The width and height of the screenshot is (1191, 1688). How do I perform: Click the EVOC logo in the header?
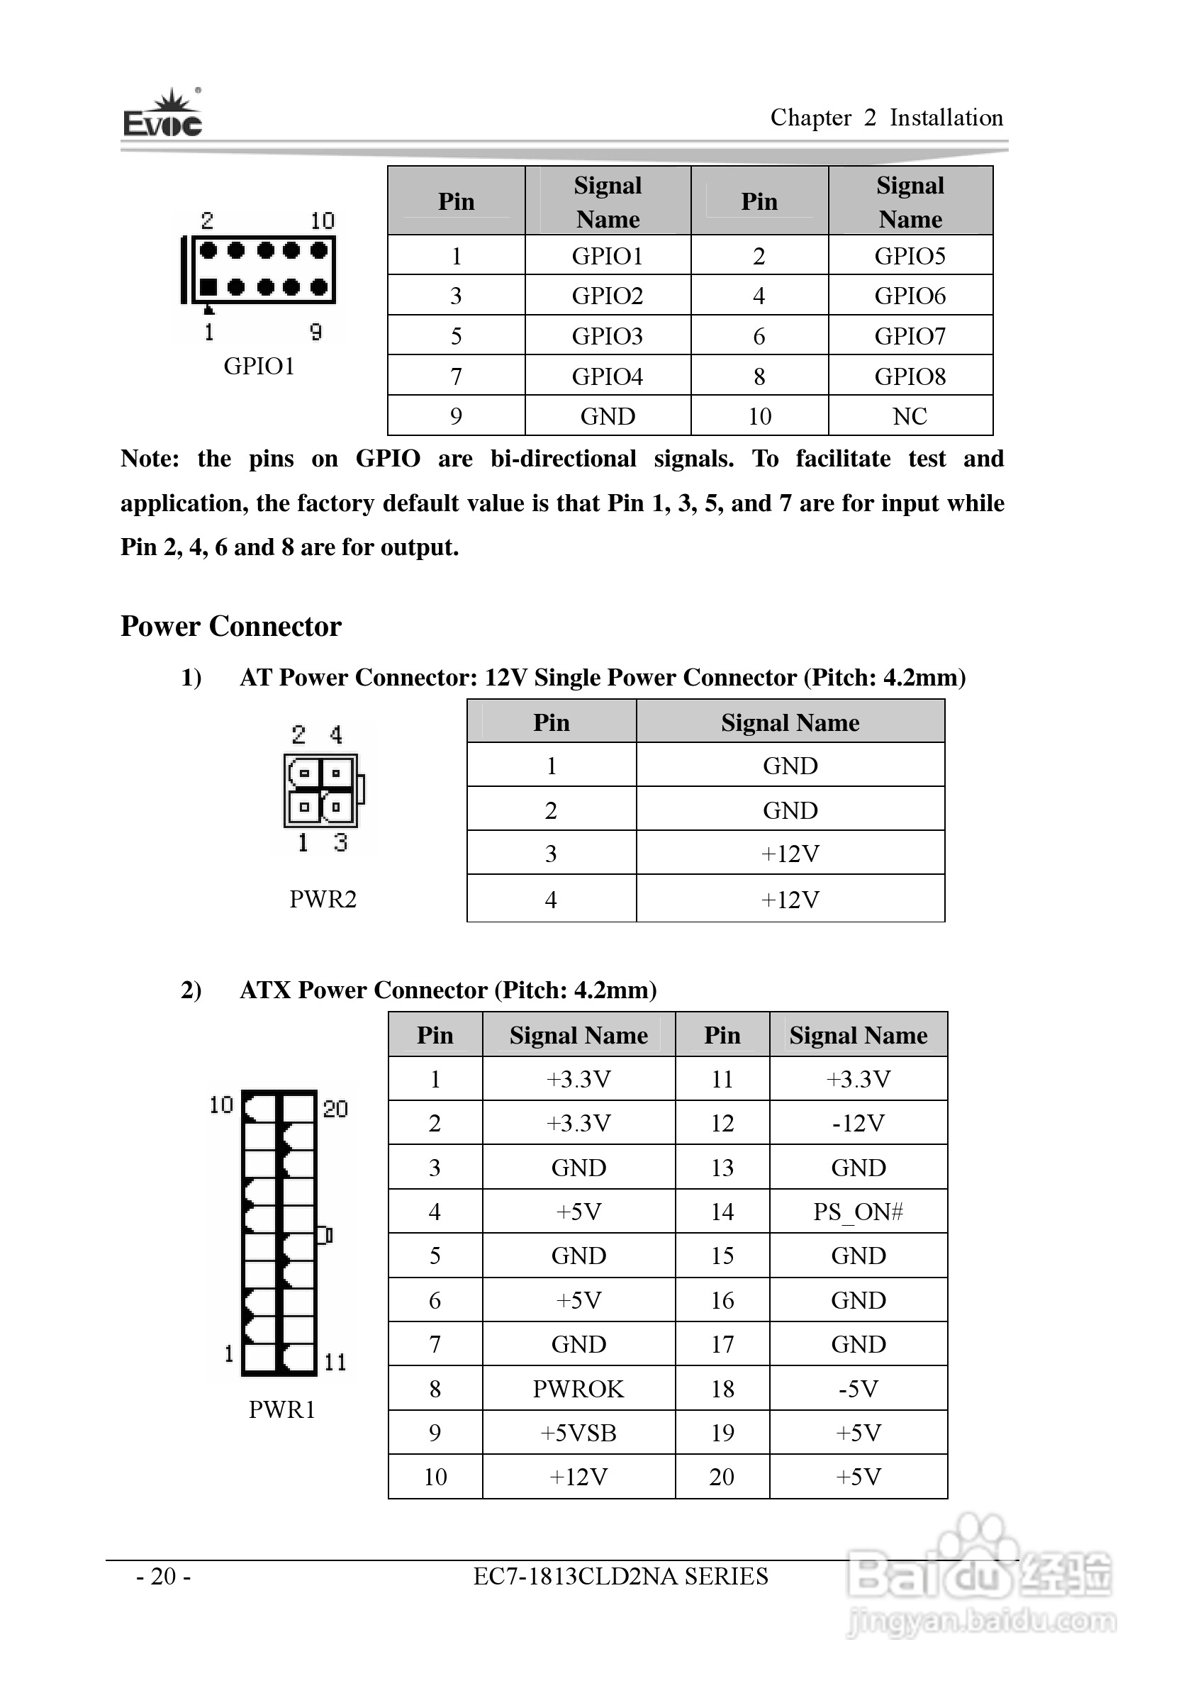click(162, 116)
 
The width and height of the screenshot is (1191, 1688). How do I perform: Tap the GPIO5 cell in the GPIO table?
click(910, 256)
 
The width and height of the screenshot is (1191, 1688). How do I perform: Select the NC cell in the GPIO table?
click(910, 416)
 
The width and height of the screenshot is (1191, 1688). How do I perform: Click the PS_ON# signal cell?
click(857, 1212)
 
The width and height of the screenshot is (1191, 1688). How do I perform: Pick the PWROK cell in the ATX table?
click(578, 1389)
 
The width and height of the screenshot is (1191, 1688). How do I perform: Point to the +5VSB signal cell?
click(578, 1433)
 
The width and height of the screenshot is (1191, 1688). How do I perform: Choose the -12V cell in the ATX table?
click(857, 1124)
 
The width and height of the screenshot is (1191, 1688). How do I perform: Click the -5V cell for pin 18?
click(857, 1389)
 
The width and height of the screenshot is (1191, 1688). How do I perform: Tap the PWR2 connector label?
click(323, 899)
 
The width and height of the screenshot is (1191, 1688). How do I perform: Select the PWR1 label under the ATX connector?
click(281, 1409)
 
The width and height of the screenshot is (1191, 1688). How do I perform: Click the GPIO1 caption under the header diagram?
click(259, 366)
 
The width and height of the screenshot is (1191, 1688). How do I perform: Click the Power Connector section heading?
click(231, 627)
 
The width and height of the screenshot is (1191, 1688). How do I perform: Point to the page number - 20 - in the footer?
click(163, 1576)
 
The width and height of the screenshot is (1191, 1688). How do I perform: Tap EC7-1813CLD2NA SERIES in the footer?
click(620, 1576)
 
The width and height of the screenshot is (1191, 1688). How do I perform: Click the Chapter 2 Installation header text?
click(886, 118)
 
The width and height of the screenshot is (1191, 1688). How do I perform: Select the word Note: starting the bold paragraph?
click(150, 459)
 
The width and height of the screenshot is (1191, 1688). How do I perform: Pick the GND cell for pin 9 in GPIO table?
click(608, 416)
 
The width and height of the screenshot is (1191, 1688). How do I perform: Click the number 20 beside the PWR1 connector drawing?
click(335, 1109)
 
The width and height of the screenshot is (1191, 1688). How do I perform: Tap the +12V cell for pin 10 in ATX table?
click(578, 1477)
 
